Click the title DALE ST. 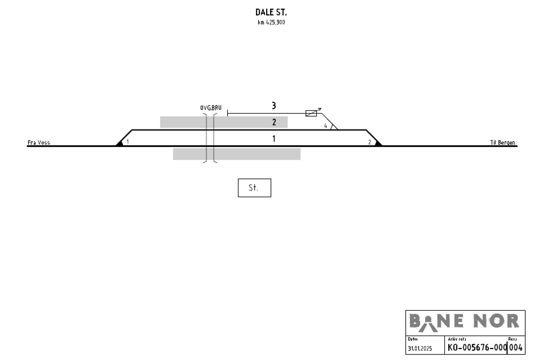271,12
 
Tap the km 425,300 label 271,22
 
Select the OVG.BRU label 211,108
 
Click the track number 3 274,106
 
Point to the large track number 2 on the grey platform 274,122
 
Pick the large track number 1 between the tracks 274,139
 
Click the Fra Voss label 39,143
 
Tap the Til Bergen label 503,143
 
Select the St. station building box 255,188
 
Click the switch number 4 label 325,126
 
